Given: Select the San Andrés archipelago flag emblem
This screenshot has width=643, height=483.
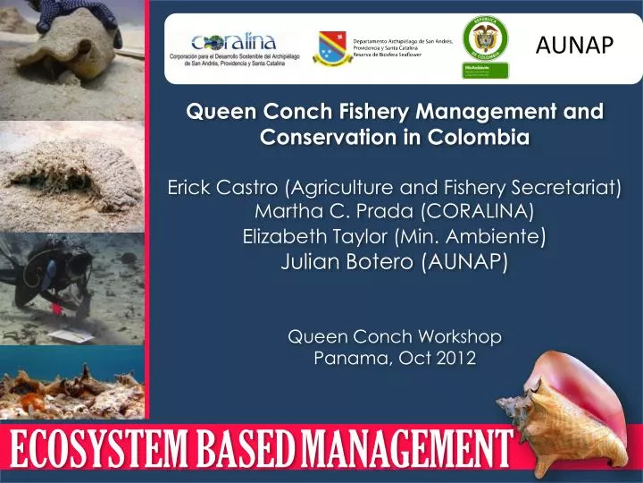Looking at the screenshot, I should pyautogui.click(x=333, y=50).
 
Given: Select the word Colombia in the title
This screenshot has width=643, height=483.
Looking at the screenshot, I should pyautogui.click(x=480, y=139).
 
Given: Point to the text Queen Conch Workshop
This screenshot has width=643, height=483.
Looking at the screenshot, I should pyautogui.click(x=395, y=336).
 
